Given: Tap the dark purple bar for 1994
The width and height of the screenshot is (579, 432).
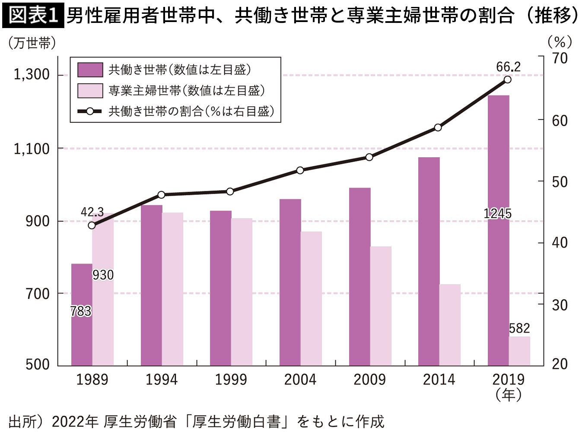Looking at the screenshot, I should [151, 285].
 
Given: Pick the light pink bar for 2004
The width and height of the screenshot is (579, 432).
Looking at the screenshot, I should [311, 299].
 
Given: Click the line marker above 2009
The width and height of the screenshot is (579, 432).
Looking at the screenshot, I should [369, 157].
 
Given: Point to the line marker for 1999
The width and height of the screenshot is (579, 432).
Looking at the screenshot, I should [230, 191].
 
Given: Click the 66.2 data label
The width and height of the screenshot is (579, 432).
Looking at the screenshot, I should [508, 67].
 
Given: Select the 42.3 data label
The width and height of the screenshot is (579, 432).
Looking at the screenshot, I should [92, 212].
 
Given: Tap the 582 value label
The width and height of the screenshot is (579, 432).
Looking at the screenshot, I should [519, 328].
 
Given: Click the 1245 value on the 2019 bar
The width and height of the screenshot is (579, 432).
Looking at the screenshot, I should [497, 213].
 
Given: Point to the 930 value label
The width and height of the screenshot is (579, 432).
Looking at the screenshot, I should [103, 275].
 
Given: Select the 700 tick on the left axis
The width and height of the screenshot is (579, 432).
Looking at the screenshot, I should [38, 294].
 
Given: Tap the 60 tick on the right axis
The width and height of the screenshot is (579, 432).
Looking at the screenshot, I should [560, 121].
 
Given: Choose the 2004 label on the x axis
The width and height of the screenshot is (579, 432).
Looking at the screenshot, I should [300, 380].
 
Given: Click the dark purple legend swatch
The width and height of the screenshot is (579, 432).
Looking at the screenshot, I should [90, 70].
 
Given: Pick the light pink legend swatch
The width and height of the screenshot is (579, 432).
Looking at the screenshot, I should [90, 91].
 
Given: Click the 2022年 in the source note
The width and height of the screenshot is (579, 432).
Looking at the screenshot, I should [75, 421].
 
